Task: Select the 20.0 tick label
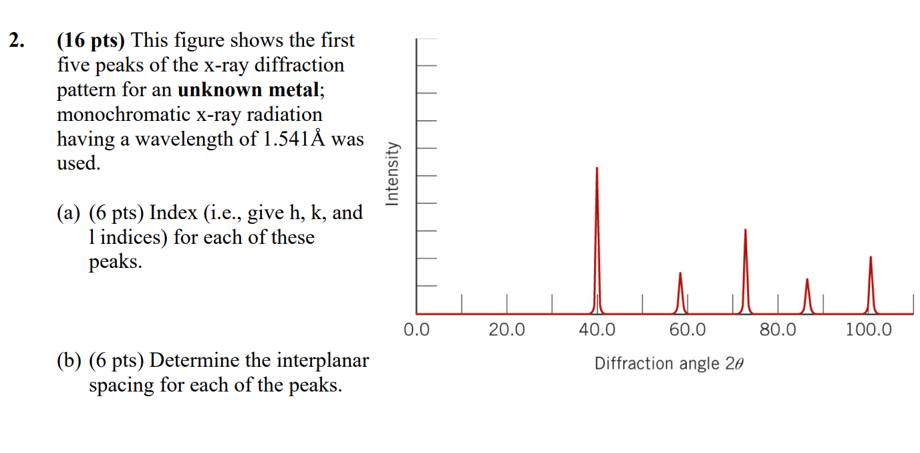506,329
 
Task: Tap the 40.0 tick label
597,329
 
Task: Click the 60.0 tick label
687,329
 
